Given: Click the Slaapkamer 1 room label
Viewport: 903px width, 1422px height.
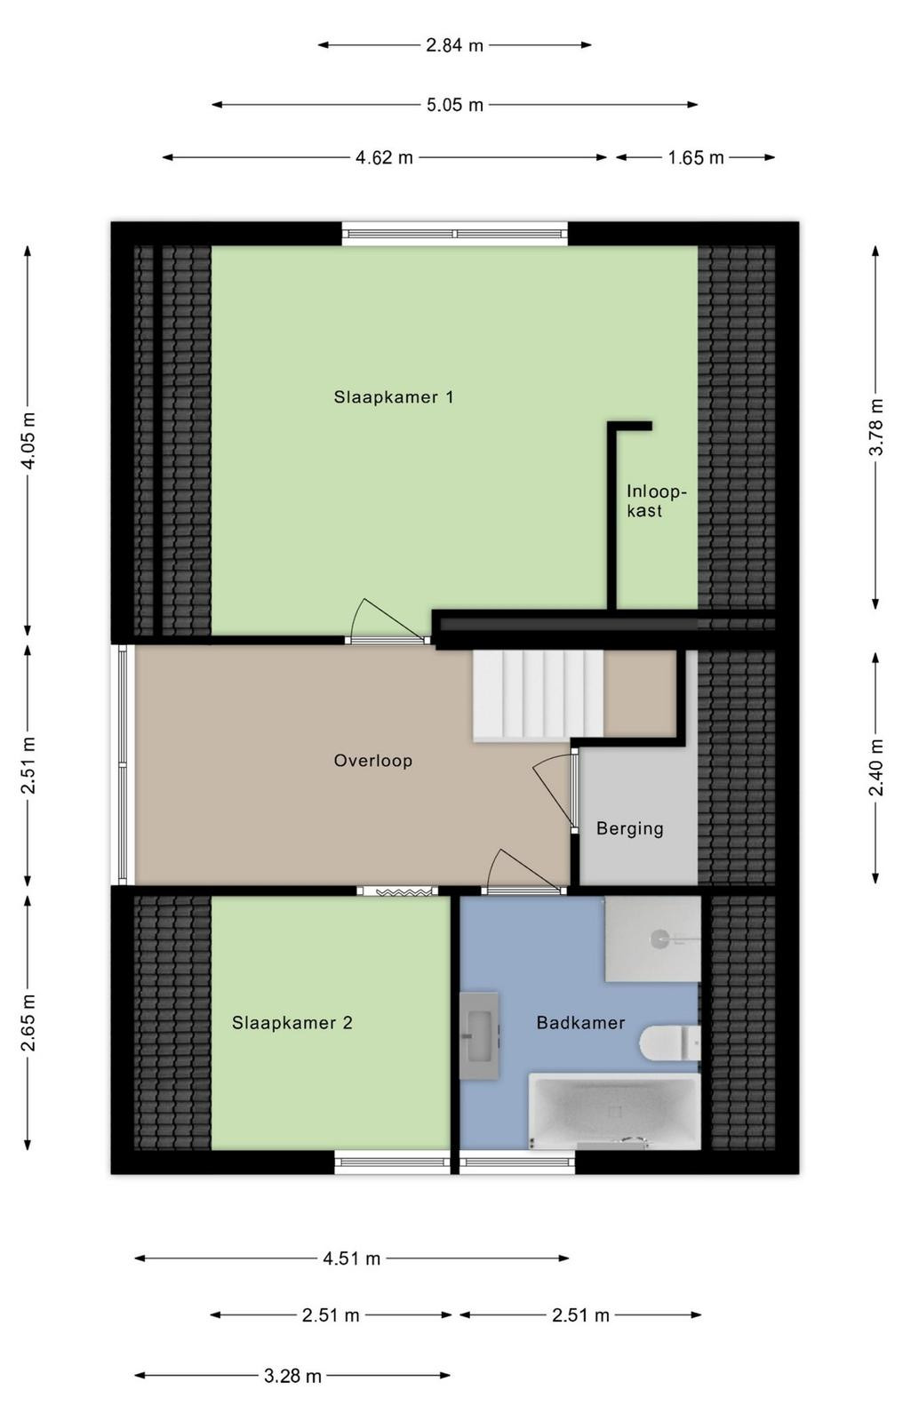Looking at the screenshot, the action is [394, 397].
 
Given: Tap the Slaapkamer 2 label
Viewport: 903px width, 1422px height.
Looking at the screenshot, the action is [292, 1023].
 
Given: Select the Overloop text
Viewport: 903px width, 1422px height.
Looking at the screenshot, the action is [373, 761].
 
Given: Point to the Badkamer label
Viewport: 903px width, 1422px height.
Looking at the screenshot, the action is [580, 1023].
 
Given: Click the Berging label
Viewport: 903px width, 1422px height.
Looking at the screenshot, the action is [630, 828].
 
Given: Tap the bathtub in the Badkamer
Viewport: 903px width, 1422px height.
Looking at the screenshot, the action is [615, 1112].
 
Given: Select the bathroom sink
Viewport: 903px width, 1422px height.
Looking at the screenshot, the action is [479, 1036].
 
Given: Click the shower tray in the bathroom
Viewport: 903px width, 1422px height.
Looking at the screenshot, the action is [652, 939].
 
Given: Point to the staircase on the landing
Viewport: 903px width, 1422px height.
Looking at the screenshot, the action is [538, 696].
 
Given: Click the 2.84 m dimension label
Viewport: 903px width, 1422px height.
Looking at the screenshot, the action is [455, 45].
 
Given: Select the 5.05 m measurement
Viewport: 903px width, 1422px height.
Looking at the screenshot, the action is [455, 105].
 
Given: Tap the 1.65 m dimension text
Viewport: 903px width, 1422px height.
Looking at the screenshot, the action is [696, 157].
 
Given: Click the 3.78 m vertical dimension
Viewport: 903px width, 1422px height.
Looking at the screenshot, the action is [876, 427].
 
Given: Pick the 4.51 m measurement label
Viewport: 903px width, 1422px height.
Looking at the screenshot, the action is [352, 1258].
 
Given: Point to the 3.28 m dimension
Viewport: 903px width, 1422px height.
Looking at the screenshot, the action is [292, 1376].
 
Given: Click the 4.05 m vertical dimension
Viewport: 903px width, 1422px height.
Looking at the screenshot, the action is [28, 440].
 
